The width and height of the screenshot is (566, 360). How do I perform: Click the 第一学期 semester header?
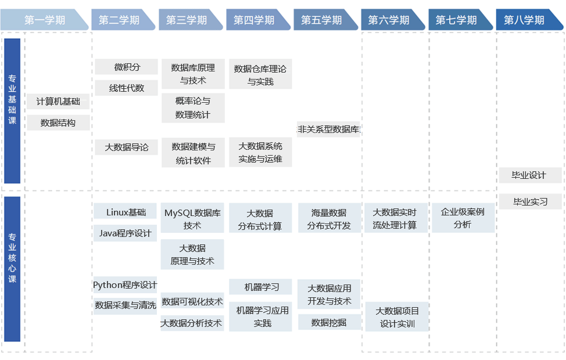coord(45,20)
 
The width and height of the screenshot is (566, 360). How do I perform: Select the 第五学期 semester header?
coord(321,20)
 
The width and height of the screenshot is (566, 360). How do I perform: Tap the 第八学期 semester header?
coord(524,20)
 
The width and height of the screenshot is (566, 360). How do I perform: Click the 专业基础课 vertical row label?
coord(12,110)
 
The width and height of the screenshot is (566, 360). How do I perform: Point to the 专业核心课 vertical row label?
coord(12,268)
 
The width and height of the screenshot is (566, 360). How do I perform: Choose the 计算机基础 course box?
coord(58,102)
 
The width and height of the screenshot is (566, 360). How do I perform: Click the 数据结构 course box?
coord(58,123)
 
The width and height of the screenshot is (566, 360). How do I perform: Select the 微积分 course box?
coord(127,67)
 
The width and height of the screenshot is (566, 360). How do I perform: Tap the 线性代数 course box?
coord(127,88)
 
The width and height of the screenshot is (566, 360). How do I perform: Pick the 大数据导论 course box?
coord(127,147)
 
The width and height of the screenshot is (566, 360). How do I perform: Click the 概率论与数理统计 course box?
coord(193,108)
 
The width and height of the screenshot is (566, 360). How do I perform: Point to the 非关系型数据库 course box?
coord(329,129)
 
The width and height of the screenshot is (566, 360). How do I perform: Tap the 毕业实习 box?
coord(530,202)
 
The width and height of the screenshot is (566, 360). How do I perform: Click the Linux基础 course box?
coord(126,212)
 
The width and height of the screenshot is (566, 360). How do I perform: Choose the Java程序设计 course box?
coord(126,233)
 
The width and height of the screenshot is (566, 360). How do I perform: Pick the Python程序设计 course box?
coord(126,285)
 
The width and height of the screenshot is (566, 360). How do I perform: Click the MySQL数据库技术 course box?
coord(192,219)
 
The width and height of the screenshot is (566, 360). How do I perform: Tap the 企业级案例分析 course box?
coord(463,218)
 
